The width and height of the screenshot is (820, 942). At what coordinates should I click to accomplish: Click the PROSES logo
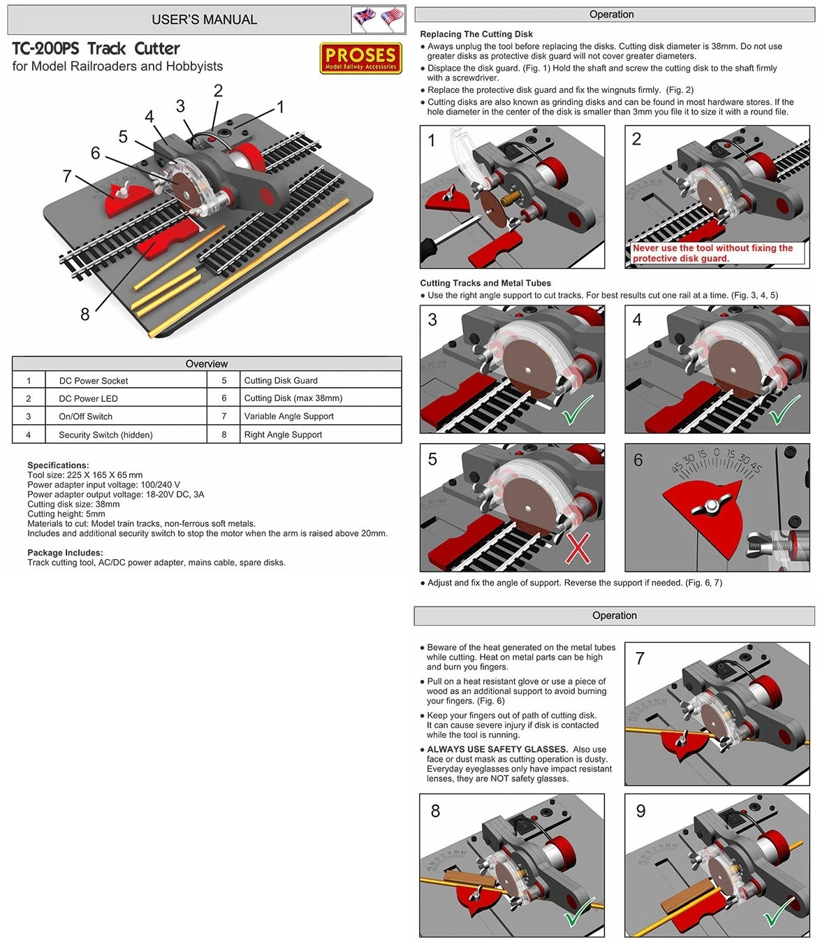pos(360,58)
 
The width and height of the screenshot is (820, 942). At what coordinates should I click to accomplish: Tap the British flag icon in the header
pos(364,19)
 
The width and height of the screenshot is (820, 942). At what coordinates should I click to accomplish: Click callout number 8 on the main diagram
pos(85,314)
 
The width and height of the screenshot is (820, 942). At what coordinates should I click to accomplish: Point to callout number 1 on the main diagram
pos(280,107)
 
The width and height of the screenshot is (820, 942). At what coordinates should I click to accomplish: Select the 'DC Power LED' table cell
pos(88,398)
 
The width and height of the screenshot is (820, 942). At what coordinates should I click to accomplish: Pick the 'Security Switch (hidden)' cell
pos(105,435)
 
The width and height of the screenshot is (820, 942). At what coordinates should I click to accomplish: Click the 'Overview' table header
pos(207,363)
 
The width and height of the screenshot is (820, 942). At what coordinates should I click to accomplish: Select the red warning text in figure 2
pos(712,253)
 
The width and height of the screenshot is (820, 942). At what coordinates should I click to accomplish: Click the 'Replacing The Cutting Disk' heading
pos(476,34)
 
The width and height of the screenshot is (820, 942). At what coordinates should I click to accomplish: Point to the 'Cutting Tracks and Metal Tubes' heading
pos(485,283)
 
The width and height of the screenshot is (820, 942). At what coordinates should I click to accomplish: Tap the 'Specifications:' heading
pos(58,465)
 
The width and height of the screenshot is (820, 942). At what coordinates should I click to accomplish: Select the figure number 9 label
pos(640,811)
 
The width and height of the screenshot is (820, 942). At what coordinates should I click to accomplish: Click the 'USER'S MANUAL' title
pos(205,20)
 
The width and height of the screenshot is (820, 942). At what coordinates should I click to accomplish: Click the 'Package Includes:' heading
pos(65,553)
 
